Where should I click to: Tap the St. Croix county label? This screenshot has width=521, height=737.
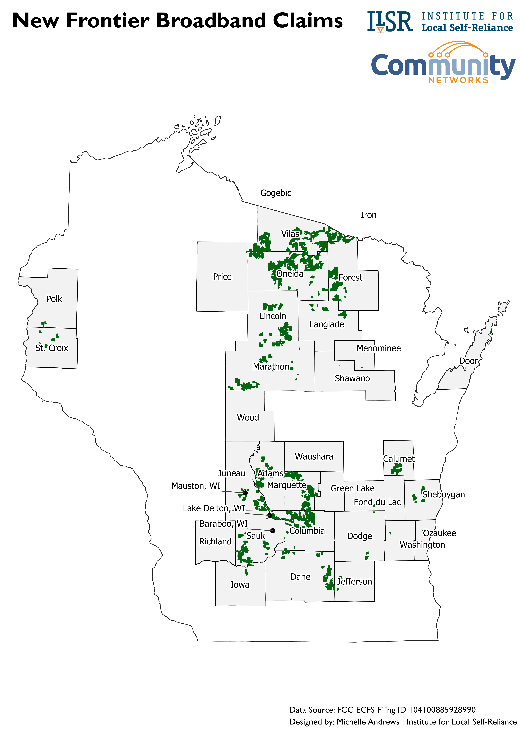pyautogui.click(x=52, y=348)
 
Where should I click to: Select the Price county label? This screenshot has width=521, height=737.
pyautogui.click(x=222, y=277)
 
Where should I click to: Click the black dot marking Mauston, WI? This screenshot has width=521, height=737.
pyautogui.click(x=245, y=493)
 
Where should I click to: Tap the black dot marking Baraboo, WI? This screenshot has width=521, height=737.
pyautogui.click(x=273, y=531)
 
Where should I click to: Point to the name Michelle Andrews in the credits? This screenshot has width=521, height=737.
pyautogui.click(x=368, y=722)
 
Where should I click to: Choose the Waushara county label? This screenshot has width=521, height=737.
pyautogui.click(x=314, y=456)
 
